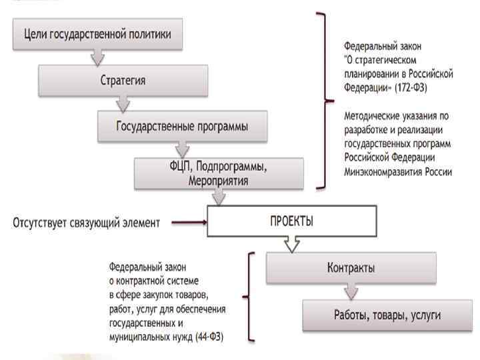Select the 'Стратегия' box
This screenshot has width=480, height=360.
pos(123,80)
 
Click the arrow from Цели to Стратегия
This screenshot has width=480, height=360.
pos(97,58)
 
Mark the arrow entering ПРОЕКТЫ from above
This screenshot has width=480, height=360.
pos(218,197)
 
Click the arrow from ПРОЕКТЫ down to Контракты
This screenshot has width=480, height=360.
pos(291,245)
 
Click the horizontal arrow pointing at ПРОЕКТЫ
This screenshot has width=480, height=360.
pos(188,223)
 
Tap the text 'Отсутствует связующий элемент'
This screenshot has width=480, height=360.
pos(87,223)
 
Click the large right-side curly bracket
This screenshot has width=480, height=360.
pos(325,100)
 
